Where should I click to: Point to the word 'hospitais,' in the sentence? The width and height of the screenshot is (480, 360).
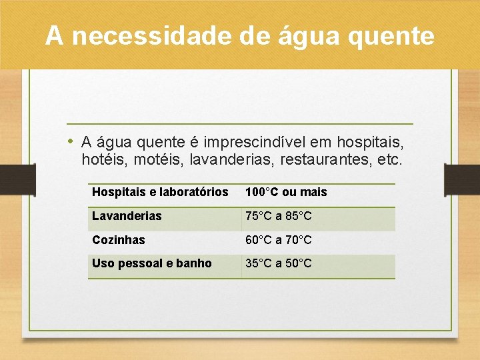pos(371,142)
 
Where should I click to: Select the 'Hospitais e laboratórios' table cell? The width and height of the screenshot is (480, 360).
pos(160,192)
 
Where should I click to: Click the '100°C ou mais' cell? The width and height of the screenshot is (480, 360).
pos(286,192)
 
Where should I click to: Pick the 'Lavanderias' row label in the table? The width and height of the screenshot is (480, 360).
pos(127,216)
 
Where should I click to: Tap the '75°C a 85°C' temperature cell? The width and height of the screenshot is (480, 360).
pos(278,216)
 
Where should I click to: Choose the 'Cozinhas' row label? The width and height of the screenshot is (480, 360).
pos(118,240)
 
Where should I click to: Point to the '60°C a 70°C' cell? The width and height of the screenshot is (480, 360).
pos(278,240)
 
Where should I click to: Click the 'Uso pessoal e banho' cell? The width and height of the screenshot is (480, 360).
pos(151,263)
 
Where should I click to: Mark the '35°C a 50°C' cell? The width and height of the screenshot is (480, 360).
pos(278,263)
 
